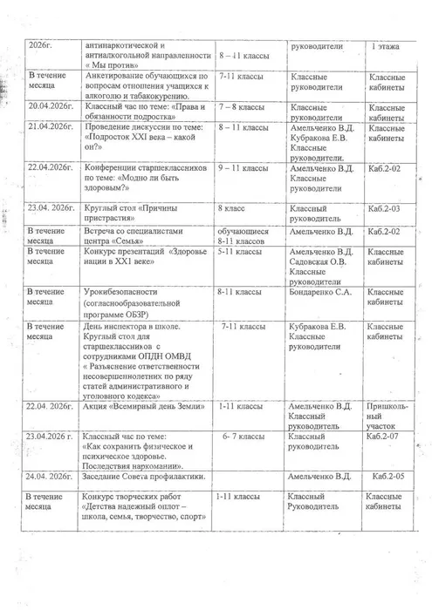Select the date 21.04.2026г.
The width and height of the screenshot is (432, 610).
(x=50, y=127)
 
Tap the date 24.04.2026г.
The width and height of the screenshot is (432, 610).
(x=50, y=477)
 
